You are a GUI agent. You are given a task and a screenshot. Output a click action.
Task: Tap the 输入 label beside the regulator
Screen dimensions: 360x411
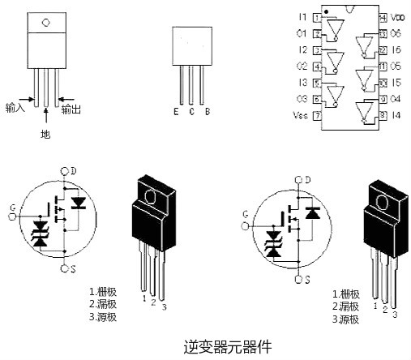(x=15, y=107)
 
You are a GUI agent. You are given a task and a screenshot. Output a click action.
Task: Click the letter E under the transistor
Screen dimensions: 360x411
(x=176, y=111)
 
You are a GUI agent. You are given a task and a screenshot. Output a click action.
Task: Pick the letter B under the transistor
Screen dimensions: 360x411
(x=207, y=111)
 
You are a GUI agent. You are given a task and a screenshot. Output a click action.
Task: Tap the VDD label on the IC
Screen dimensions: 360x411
(x=397, y=17)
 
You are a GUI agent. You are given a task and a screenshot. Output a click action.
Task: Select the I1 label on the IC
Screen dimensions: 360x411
(x=302, y=17)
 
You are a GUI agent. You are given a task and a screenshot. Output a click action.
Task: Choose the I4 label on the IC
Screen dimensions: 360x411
(x=396, y=116)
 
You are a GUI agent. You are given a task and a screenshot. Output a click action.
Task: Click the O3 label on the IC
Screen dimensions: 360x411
(x=302, y=99)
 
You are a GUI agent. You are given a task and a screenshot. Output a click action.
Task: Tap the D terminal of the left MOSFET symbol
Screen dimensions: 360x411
(x=73, y=171)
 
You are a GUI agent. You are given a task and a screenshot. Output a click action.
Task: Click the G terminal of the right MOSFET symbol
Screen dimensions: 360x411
(x=245, y=215)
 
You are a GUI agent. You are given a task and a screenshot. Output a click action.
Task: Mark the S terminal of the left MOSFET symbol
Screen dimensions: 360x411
(x=73, y=267)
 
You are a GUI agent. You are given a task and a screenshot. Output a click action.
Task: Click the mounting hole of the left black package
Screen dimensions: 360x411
(x=148, y=194)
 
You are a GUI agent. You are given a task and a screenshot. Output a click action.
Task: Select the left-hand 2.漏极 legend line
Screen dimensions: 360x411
(x=103, y=304)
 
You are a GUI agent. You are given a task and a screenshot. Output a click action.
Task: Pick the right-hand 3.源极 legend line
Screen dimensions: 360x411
(x=346, y=319)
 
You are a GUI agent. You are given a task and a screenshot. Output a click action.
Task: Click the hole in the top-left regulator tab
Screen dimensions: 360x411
(x=45, y=22)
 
